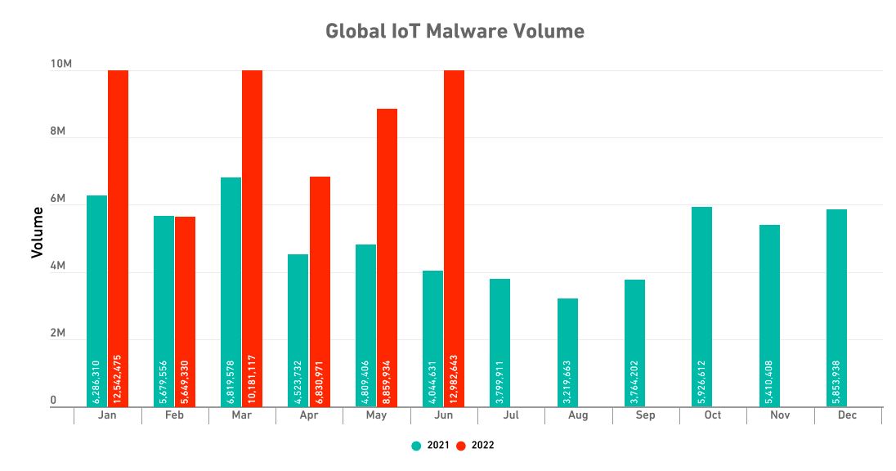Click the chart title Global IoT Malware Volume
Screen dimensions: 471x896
click(455, 31)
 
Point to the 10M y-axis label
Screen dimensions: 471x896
click(60, 65)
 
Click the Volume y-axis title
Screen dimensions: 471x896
click(37, 233)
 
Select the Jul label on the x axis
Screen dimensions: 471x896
click(511, 415)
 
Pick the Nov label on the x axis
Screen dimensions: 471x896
click(780, 415)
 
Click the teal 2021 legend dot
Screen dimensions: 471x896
click(416, 446)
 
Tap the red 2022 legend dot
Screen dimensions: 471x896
click(461, 446)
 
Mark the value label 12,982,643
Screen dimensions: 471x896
click(455, 372)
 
